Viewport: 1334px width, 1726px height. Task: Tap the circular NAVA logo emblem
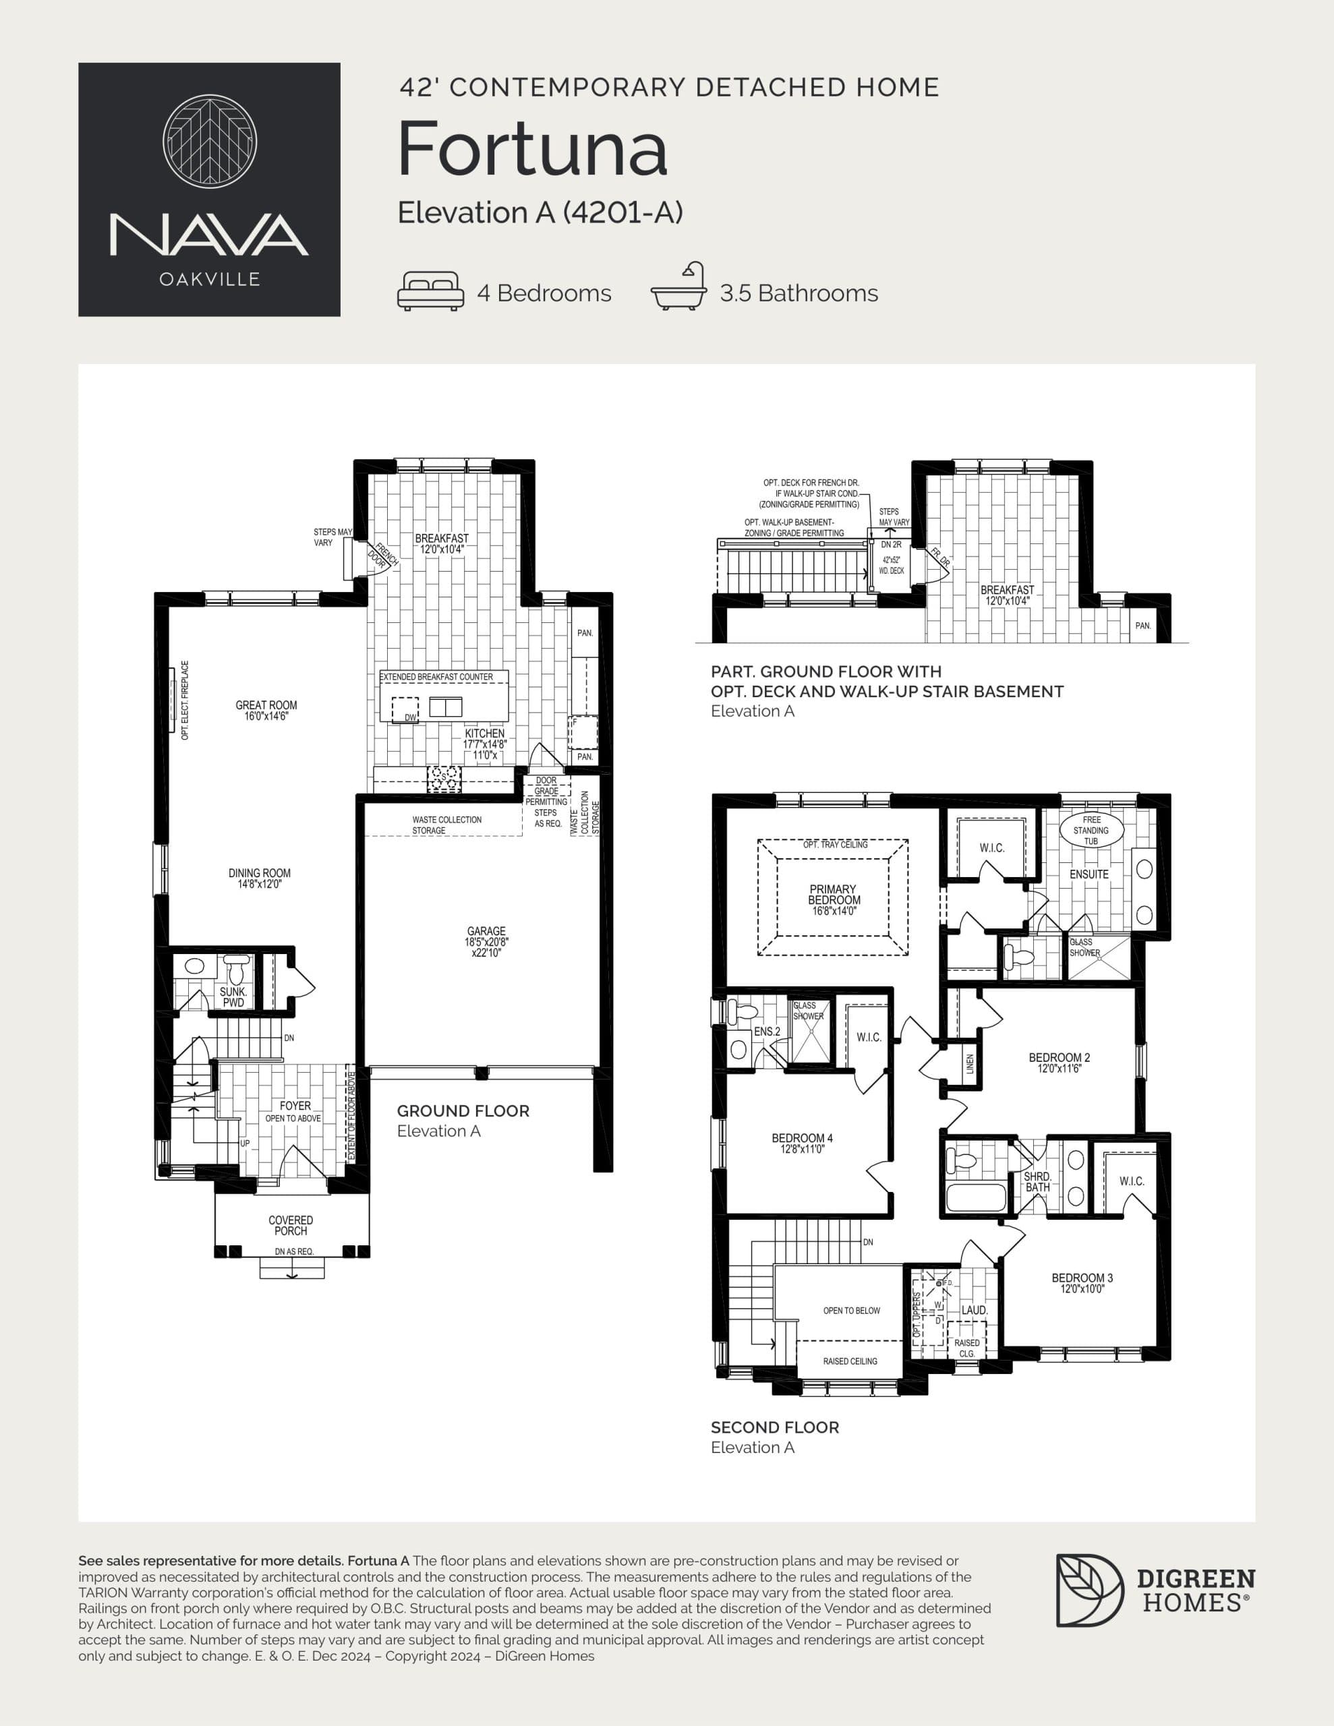(210, 142)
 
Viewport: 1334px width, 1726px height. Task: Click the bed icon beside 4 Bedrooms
(430, 292)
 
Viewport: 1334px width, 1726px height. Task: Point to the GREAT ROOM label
(266, 711)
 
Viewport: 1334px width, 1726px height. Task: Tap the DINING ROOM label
(260, 878)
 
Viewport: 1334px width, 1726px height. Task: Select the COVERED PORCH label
(290, 1226)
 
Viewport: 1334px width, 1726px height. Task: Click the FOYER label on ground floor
(295, 1106)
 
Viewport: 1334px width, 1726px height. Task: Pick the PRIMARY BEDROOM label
(834, 899)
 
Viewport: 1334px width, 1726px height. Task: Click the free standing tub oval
(1091, 831)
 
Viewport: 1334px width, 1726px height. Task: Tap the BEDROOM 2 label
(1059, 1062)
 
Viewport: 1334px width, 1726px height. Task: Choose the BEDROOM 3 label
(1082, 1282)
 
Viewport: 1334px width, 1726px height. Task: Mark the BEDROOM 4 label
(802, 1143)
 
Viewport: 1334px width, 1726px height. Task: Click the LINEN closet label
(970, 1064)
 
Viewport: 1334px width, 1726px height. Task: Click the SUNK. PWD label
(233, 996)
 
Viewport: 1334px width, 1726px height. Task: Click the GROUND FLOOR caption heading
(463, 1111)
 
